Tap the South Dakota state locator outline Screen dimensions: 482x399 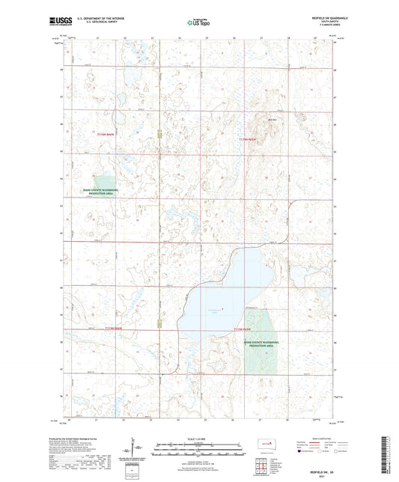pos(264,450)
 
